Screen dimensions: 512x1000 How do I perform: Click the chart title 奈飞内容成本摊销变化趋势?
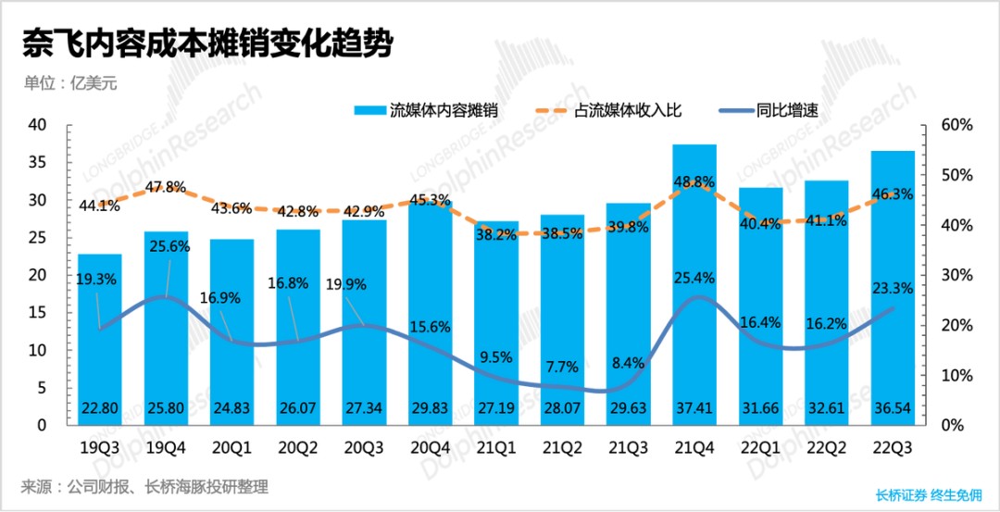pyautogui.click(x=207, y=43)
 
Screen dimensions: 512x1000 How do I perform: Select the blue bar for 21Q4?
pyautogui.click(x=694, y=278)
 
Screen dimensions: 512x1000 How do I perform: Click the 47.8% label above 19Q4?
pyautogui.click(x=167, y=187)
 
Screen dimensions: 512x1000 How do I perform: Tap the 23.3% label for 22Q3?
pyautogui.click(x=893, y=288)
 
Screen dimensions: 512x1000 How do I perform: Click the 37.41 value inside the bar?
pyautogui.click(x=694, y=408)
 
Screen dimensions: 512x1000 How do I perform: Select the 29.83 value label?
pyautogui.click(x=431, y=408)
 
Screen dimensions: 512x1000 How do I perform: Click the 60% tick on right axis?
pyautogui.click(x=956, y=125)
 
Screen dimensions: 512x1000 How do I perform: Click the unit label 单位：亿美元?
pyautogui.click(x=70, y=81)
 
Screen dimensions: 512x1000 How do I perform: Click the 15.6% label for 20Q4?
pyautogui.click(x=431, y=327)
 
